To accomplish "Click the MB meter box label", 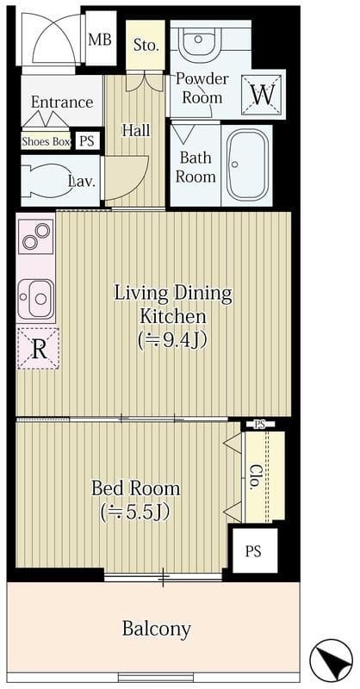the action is click(x=100, y=40).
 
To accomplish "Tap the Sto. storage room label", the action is click(x=146, y=46).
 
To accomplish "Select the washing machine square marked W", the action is click(x=263, y=94).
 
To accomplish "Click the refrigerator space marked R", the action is click(x=38, y=349).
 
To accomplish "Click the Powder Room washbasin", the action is click(x=199, y=41).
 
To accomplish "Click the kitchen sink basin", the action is click(x=36, y=299).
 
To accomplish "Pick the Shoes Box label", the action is click(x=47, y=141).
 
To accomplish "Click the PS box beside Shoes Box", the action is click(x=87, y=141).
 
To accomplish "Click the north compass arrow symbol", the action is click(x=331, y=660).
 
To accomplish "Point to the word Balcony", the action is click(x=157, y=630).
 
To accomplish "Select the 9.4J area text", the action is click(x=172, y=339).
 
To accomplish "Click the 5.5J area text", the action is click(x=135, y=512).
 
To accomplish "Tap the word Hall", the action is click(x=136, y=131).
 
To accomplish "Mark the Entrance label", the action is click(x=62, y=102).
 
